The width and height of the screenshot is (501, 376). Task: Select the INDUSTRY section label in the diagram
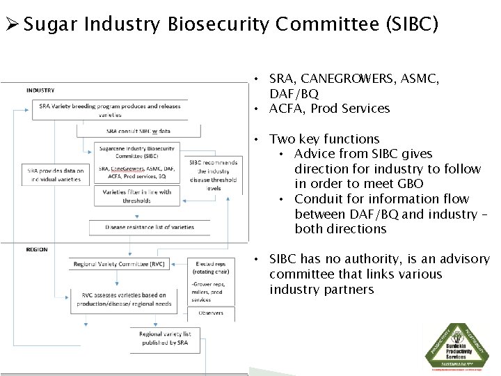tap(40, 90)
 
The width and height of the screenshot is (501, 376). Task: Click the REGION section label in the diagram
tap(37, 249)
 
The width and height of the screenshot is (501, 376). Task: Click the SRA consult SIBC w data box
tap(138, 131)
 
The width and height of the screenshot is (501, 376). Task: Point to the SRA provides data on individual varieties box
tap(55, 175)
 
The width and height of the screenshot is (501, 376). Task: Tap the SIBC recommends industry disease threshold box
tap(213, 175)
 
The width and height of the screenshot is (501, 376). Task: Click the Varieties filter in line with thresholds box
tap(136, 196)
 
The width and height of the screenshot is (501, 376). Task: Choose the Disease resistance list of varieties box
tap(149, 227)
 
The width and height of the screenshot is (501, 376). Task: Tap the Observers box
tap(211, 313)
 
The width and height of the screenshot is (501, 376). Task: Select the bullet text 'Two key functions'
tap(324, 139)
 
